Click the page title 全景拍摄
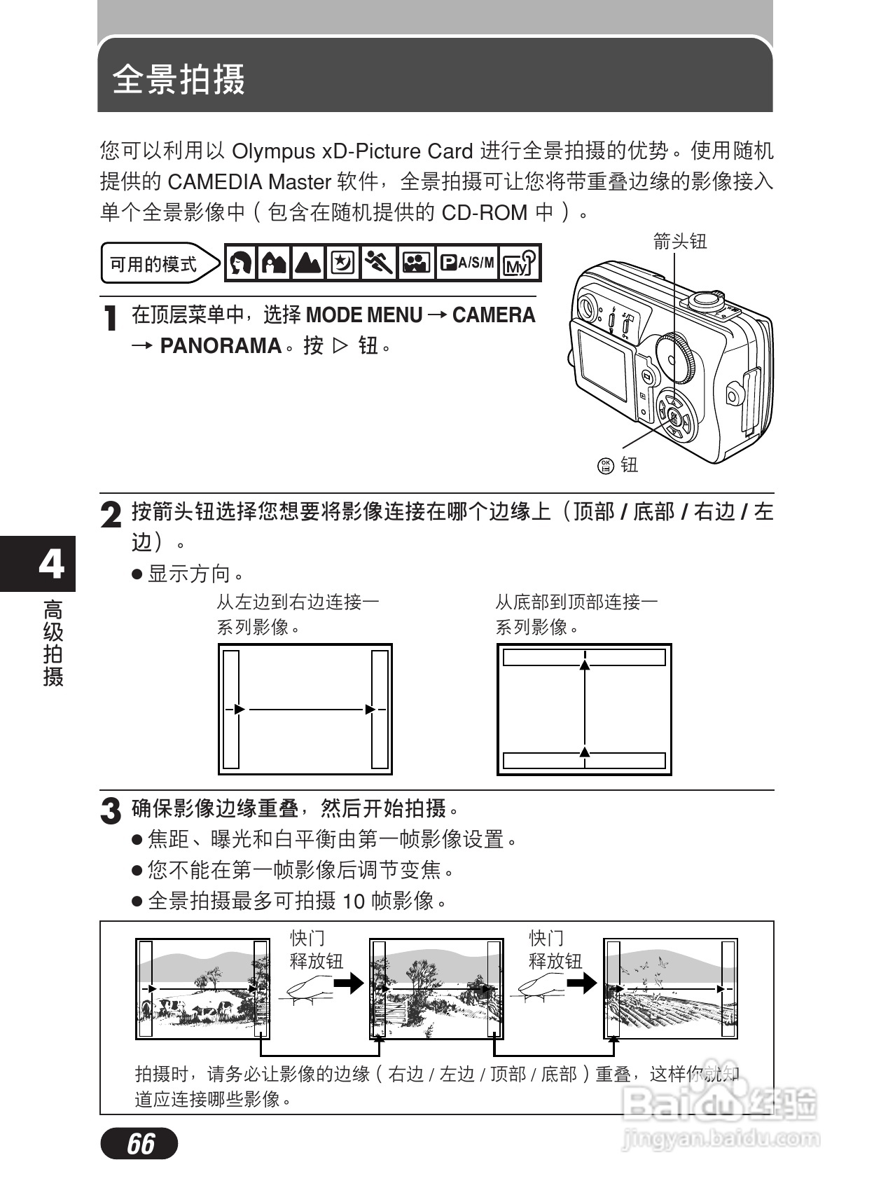coord(179,78)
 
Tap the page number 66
coord(140,1143)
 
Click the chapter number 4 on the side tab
coord(50,563)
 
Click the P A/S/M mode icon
coord(466,263)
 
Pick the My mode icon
coord(520,263)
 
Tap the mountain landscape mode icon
coord(308,263)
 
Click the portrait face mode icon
coord(241,263)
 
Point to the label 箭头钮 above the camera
coord(679,242)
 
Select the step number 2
coord(111,516)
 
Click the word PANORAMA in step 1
coord(221,346)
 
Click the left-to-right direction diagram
coord(305,709)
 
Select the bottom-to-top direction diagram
coord(584,709)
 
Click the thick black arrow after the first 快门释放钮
coord(348,983)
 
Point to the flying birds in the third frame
coord(648,970)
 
